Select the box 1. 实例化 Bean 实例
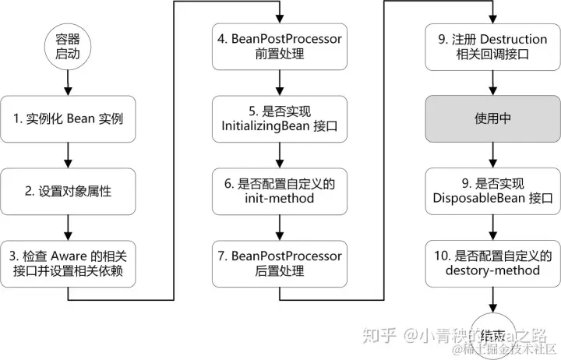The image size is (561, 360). click(69, 119)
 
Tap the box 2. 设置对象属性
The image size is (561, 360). click(69, 191)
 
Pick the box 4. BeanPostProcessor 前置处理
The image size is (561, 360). click(278, 47)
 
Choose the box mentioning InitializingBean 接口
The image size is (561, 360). click(278, 119)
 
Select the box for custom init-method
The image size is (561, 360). click(278, 191)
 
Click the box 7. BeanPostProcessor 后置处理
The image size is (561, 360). click(278, 263)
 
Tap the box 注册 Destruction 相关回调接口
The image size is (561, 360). click(492, 47)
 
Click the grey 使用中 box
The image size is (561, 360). click(492, 119)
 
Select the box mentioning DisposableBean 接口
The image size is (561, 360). click(492, 191)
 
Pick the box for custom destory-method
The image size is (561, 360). click(492, 263)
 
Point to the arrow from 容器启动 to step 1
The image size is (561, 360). click(69, 82)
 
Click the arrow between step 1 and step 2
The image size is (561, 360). click(69, 155)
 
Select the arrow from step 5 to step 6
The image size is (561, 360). click(278, 155)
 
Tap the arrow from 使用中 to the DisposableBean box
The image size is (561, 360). click(492, 155)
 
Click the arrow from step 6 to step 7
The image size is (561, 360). click(278, 227)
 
